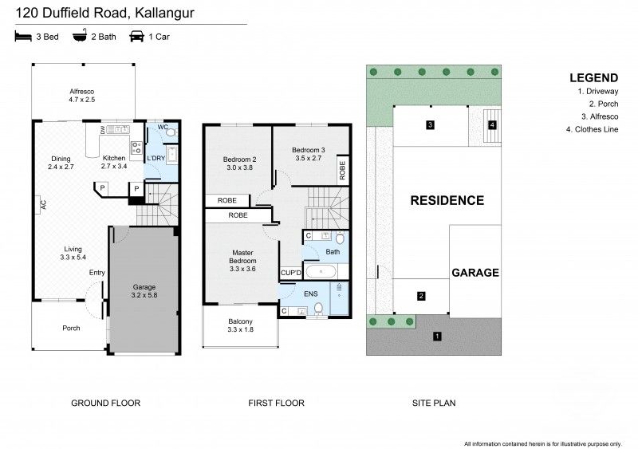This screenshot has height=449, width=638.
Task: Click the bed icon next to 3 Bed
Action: pyautogui.click(x=22, y=37)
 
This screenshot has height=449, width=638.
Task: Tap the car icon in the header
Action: pyautogui.click(x=136, y=37)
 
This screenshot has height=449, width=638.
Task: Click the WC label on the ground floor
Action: pyautogui.click(x=162, y=128)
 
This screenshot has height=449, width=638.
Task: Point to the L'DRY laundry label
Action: pyautogui.click(x=156, y=159)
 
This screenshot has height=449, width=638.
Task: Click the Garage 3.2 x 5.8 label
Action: pyautogui.click(x=144, y=291)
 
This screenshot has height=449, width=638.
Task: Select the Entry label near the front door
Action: pyautogui.click(x=96, y=274)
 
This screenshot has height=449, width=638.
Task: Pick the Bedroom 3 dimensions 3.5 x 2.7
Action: pyautogui.click(x=307, y=159)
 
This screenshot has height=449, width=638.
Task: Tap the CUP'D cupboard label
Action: pyautogui.click(x=290, y=274)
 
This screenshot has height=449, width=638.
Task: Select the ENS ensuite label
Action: pyautogui.click(x=310, y=293)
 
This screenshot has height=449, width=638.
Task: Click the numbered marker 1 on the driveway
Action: pyautogui.click(x=437, y=337)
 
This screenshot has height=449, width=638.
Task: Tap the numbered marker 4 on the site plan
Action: pyautogui.click(x=492, y=125)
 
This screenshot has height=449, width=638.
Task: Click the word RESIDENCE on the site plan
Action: pyautogui.click(x=447, y=201)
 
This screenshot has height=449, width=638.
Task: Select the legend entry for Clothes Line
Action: pyautogui.click(x=597, y=129)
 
